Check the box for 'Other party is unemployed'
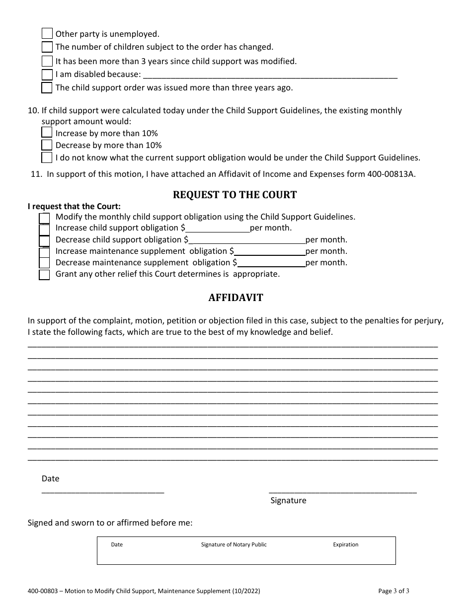47,34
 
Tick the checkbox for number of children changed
47,47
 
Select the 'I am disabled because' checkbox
47,75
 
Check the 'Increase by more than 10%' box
47,133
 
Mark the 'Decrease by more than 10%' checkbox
47,145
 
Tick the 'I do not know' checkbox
47,157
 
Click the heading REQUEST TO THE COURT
235,195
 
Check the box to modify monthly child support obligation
44,218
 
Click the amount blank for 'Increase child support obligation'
218,229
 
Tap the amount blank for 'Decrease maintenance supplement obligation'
271,263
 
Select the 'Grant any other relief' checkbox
44,275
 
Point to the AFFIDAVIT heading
236,298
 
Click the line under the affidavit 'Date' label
103,491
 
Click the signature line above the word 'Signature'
343,491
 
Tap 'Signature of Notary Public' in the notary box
234,544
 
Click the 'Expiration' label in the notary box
345,544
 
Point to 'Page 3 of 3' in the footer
394,591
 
